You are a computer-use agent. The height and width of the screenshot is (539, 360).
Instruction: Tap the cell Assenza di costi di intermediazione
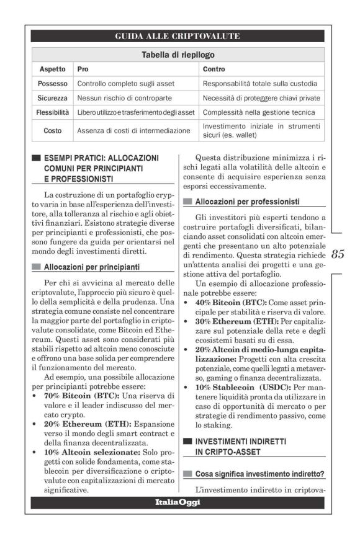point(133,130)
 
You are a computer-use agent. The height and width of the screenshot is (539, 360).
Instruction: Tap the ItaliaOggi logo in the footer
point(178,502)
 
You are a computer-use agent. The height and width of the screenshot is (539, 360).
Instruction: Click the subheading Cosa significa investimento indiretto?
point(250,474)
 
